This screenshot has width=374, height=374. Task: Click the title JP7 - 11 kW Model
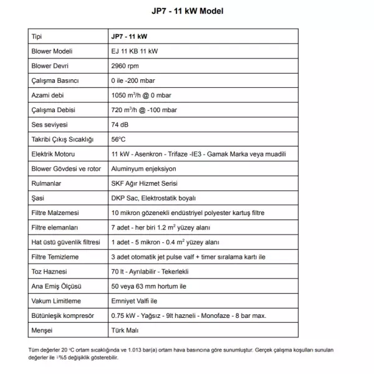pyautogui.click(x=187, y=11)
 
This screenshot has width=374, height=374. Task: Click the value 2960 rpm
pyautogui.click(x=125, y=66)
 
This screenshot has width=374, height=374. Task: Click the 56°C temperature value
pyautogui.click(x=118, y=139)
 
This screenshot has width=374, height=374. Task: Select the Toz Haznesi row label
pyautogui.click(x=49, y=271)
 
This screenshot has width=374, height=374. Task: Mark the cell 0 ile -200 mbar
pyautogui.click(x=135, y=80)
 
